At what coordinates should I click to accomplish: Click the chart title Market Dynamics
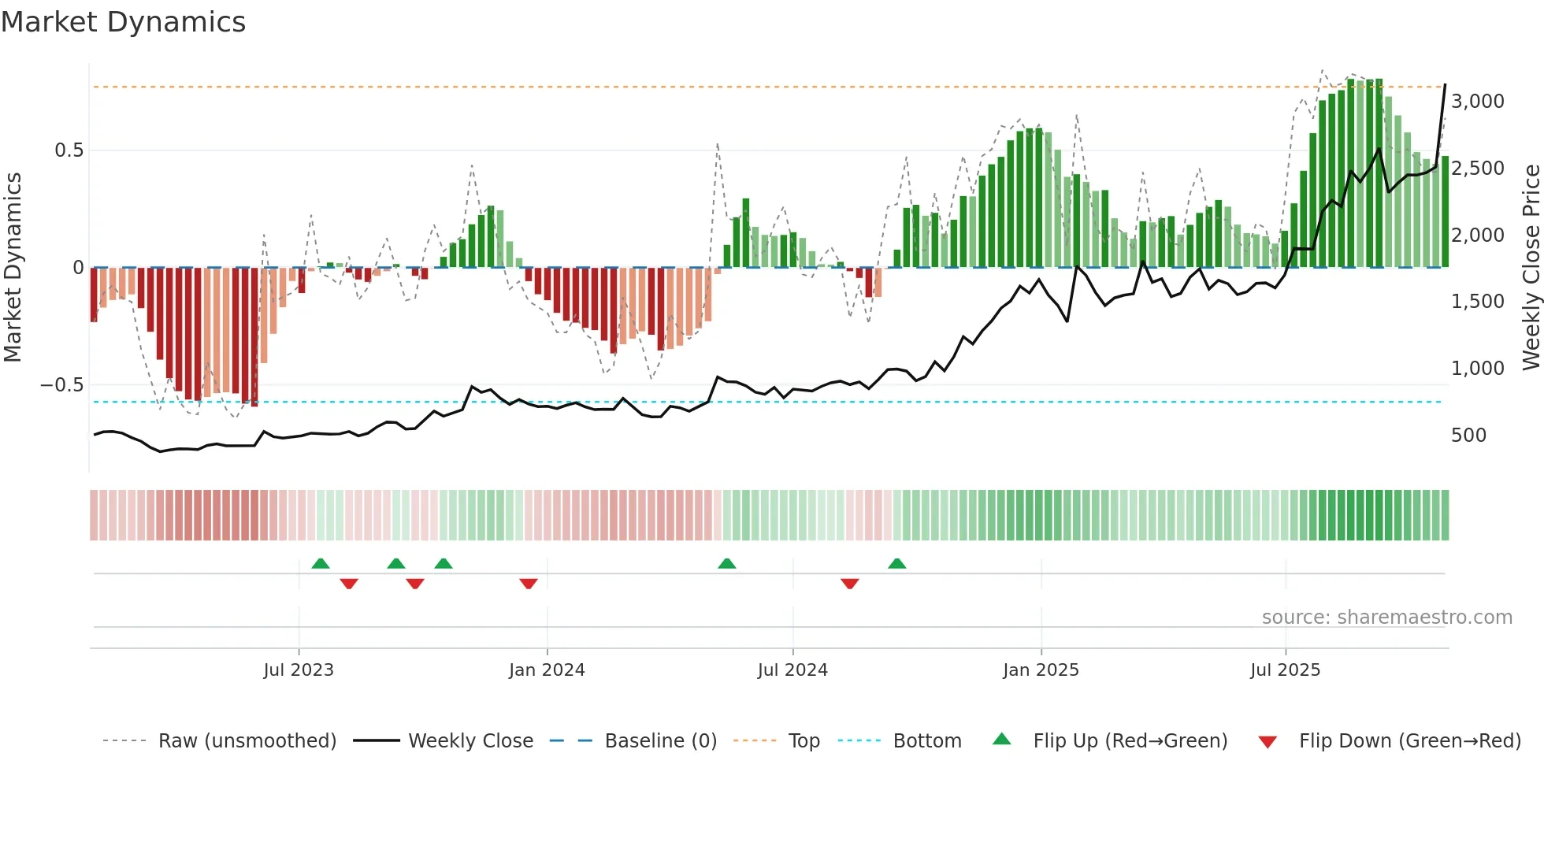[124, 22]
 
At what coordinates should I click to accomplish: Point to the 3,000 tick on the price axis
[1477, 102]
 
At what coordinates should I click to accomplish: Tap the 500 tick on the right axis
[1468, 436]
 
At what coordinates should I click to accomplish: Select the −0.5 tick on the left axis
[61, 385]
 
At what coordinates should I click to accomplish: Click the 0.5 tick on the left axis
[69, 150]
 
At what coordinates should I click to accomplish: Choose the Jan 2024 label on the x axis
[547, 670]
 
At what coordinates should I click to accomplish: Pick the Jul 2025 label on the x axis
[1285, 670]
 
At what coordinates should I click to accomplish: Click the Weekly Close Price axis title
[1531, 268]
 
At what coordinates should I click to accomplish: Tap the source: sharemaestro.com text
[1386, 618]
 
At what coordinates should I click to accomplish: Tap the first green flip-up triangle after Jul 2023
[321, 564]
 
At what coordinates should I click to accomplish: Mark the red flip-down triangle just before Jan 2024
[529, 584]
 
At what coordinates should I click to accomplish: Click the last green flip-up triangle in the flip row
[896, 564]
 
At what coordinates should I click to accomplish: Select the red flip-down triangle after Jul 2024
[849, 584]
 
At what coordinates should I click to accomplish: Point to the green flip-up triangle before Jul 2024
[727, 564]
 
